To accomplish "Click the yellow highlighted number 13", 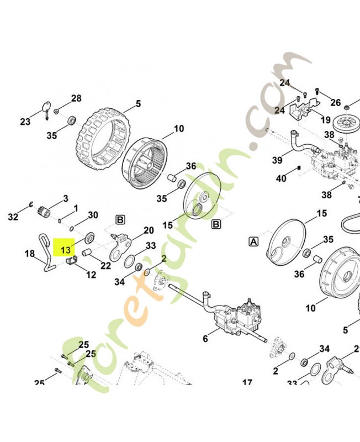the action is click(x=65, y=250).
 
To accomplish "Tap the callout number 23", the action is click(x=25, y=122).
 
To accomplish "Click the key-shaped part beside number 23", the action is click(x=47, y=110).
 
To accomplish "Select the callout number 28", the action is click(x=76, y=98).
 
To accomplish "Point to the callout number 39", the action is click(x=277, y=160).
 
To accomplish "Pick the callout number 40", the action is click(x=281, y=178).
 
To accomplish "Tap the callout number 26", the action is click(x=336, y=103).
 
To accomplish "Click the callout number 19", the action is click(x=326, y=120).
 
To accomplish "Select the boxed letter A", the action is click(x=254, y=241).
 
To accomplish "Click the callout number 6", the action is click(x=205, y=338).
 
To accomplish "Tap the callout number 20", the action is click(x=149, y=230).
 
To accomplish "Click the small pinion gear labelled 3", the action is click(x=44, y=212).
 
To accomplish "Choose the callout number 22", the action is click(x=105, y=265).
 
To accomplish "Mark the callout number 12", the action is click(x=91, y=274).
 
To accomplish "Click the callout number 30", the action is click(x=93, y=215).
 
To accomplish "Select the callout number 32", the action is click(x=13, y=217).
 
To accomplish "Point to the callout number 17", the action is click(x=247, y=382).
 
